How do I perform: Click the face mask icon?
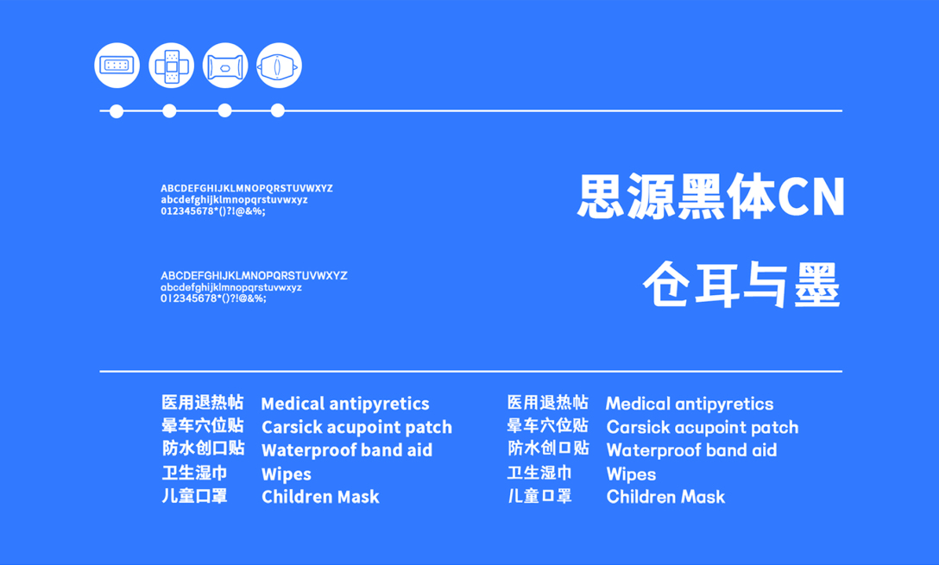[279, 66]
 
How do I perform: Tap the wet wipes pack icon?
[225, 66]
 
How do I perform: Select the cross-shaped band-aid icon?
[171, 66]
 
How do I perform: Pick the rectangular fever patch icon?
[117, 66]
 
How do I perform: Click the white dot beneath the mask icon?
[277, 110]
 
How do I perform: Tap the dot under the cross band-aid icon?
[169, 110]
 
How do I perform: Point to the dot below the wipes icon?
[224, 110]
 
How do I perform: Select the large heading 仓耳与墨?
[741, 285]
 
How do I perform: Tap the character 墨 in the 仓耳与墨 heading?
[817, 285]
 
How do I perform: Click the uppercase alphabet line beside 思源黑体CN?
[247, 188]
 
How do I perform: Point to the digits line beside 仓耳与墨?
[213, 298]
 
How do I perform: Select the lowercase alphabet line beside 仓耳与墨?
[231, 287]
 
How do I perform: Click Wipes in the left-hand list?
[287, 474]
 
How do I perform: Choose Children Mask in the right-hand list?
[666, 497]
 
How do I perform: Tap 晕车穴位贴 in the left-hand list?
[203, 425]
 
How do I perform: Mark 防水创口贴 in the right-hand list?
[548, 449]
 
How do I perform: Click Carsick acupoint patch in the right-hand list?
[703, 427]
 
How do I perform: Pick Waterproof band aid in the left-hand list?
[347, 450]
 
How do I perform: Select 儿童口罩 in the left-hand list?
[195, 496]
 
